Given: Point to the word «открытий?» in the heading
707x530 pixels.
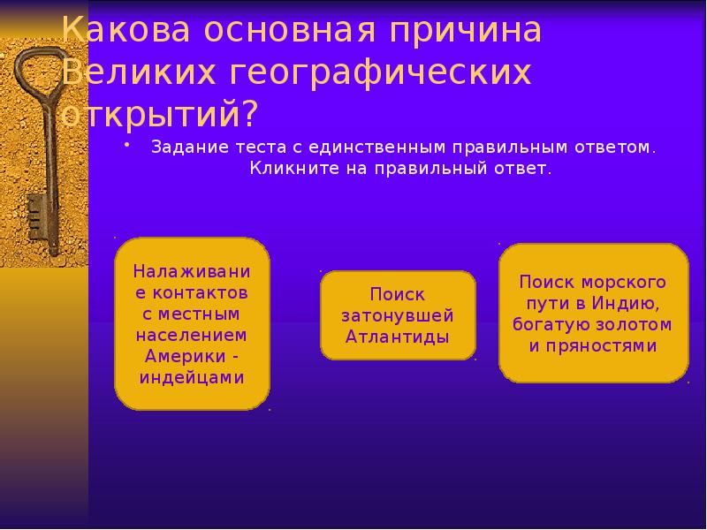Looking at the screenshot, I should point(159,114).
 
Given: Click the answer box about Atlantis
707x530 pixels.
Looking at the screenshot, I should point(398,315).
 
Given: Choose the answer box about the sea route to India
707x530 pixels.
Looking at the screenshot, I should point(593,314).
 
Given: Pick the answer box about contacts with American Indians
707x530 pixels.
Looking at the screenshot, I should point(192,323).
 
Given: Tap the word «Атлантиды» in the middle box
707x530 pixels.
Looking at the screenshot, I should point(398,337).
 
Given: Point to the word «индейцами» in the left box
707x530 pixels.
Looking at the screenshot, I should point(192,377).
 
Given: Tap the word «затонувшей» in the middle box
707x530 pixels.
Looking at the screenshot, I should point(398,315).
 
